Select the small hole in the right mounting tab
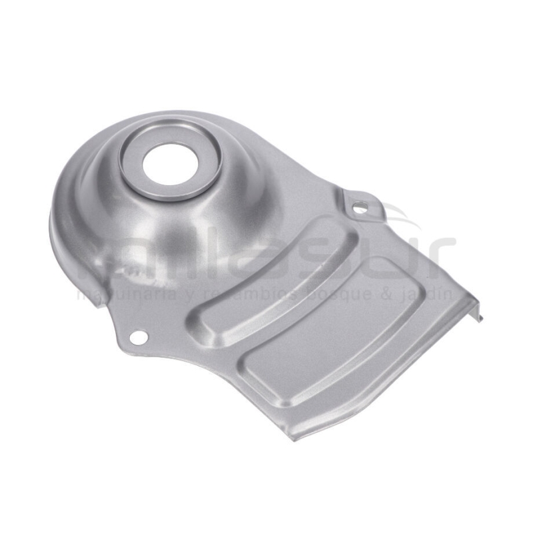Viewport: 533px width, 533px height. (359, 207)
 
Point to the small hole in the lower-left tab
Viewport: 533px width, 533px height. (137, 337)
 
